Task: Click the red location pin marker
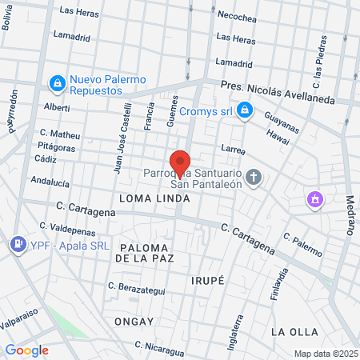click(180, 162)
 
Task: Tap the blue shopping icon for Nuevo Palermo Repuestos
click(58, 82)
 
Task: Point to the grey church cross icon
click(254, 176)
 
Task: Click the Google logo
click(27, 350)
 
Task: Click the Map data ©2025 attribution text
click(325, 354)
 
